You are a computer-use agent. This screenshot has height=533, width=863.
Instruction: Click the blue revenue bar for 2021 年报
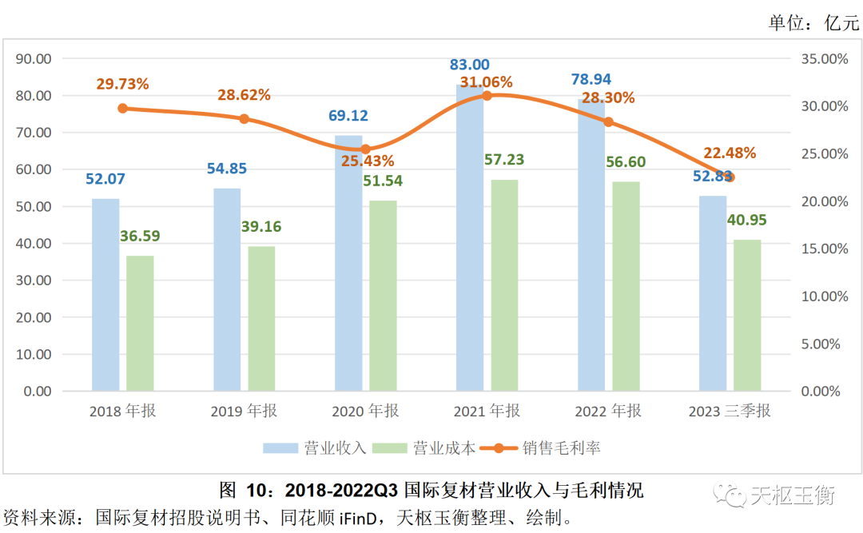[470, 240]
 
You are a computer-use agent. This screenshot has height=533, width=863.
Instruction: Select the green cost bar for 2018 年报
[141, 324]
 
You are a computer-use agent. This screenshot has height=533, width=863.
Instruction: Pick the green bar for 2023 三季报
[748, 316]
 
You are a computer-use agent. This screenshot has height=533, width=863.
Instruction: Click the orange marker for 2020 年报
[365, 149]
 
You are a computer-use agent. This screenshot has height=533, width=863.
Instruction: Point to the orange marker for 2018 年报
[122, 108]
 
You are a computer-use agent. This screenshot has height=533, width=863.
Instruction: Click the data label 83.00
[470, 65]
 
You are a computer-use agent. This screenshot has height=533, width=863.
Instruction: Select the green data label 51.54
[383, 181]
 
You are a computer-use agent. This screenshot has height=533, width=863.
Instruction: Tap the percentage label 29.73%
[123, 84]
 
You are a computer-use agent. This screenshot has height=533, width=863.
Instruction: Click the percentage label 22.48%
[730, 153]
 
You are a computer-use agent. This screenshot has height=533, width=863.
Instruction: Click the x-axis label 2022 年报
[607, 412]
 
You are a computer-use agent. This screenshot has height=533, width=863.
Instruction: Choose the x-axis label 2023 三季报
[730, 412]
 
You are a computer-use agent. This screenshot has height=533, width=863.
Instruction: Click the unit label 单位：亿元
[813, 23]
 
